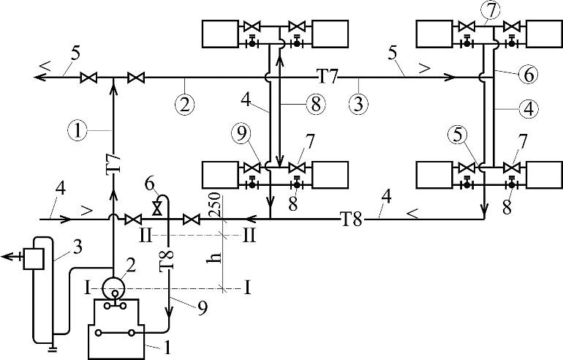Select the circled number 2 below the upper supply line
[184, 105]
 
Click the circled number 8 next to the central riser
[317, 105]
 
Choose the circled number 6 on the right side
[528, 75]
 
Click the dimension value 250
[215, 204]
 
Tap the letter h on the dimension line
[215, 258]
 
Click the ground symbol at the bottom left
[53, 348]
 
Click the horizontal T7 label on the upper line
[327, 78]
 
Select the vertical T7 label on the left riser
[113, 163]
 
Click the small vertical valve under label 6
[157, 209]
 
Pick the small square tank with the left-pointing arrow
[34, 258]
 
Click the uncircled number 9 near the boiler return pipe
[203, 308]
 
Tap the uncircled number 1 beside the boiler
[166, 347]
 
